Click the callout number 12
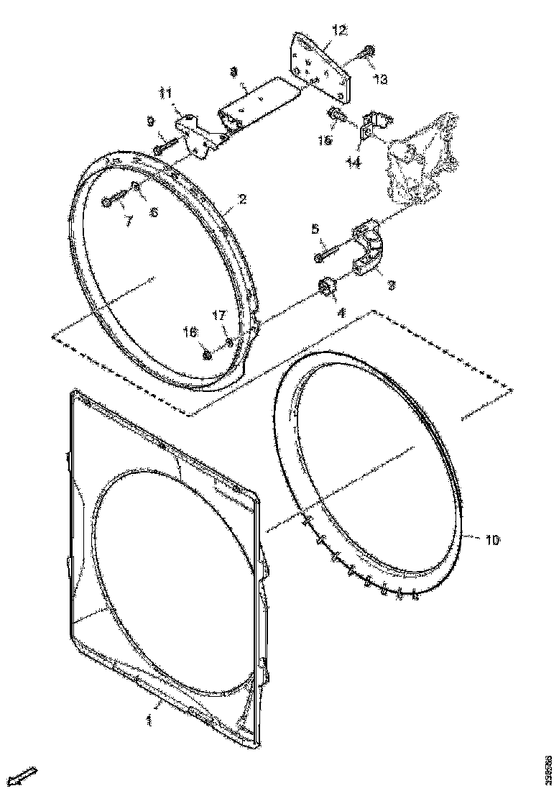pyautogui.click(x=339, y=30)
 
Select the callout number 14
pyautogui.click(x=353, y=163)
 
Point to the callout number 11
pyautogui.click(x=166, y=93)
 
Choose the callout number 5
pyautogui.click(x=315, y=229)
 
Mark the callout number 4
pyautogui.click(x=341, y=313)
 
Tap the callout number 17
pyautogui.click(x=219, y=315)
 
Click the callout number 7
pyautogui.click(x=128, y=222)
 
